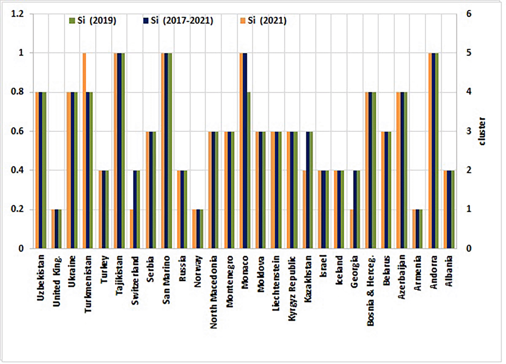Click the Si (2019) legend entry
click(x=93, y=21)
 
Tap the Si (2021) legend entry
click(x=263, y=21)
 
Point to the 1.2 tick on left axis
click(x=17, y=14)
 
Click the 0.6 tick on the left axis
click(x=17, y=131)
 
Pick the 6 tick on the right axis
click(x=469, y=14)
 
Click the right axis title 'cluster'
click(x=482, y=131)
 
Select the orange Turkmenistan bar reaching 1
click(x=84, y=150)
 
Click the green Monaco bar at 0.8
click(x=248, y=170)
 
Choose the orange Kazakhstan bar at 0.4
click(x=304, y=209)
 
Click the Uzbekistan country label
click(x=41, y=278)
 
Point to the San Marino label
click(x=166, y=280)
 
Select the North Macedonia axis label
click(x=214, y=292)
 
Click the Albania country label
click(x=449, y=271)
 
